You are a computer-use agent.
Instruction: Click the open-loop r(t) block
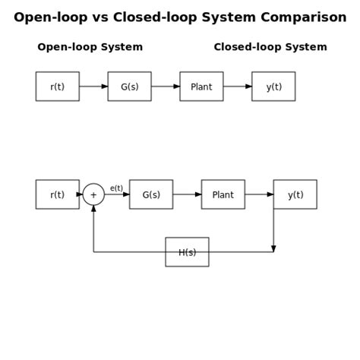tap(57, 87)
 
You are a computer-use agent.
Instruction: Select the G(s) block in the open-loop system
tap(129, 87)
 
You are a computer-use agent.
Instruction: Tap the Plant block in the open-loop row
tap(201, 87)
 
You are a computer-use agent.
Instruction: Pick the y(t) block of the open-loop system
tap(273, 87)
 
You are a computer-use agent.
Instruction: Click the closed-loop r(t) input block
tap(57, 194)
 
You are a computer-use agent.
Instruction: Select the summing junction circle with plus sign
tap(93, 194)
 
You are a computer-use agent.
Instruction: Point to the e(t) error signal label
tap(116, 188)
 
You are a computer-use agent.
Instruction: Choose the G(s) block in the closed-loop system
tap(151, 194)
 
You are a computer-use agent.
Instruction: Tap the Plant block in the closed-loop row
tap(223, 194)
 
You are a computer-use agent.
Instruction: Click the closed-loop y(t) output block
tap(295, 194)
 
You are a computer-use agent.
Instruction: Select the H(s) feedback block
tap(187, 252)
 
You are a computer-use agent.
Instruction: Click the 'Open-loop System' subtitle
tap(90, 47)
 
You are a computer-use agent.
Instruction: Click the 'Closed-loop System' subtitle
tap(270, 47)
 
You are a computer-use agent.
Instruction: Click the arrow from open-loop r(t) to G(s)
tap(93, 87)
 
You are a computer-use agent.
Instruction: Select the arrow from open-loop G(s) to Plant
tap(166, 87)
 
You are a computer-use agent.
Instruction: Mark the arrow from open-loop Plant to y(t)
tap(238, 87)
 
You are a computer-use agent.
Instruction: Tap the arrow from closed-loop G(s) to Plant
tap(187, 194)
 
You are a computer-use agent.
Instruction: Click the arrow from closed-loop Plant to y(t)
tap(259, 194)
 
